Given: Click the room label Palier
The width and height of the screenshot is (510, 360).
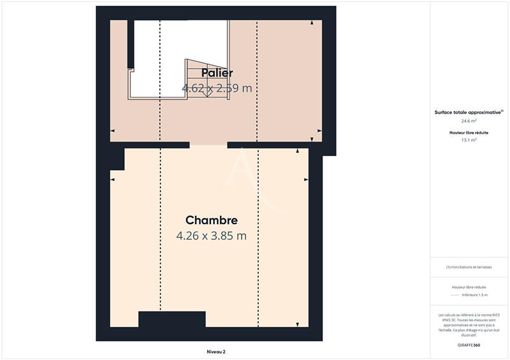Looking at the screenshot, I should tap(217, 73).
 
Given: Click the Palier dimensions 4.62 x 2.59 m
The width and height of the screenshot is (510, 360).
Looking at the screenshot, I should tap(217, 89).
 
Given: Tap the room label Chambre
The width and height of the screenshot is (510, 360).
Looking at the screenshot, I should tap(212, 220).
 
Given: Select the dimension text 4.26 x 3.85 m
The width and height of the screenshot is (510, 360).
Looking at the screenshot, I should tap(212, 236).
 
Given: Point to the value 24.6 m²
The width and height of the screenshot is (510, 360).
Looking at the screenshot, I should tap(469, 120).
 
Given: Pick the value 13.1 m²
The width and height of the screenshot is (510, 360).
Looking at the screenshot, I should tap(469, 140).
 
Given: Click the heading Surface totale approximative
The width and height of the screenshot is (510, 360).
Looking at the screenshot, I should tap(468, 112).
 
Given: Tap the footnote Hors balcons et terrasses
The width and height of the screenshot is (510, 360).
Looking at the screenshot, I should tap(469, 267).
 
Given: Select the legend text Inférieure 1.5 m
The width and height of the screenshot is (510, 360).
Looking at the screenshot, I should tap(475, 295).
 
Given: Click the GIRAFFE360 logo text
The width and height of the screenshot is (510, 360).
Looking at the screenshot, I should tap(469, 345).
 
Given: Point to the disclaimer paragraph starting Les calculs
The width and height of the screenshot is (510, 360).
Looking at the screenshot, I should tap(469, 322).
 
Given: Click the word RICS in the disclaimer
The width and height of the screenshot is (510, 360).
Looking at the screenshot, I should tap(495, 315).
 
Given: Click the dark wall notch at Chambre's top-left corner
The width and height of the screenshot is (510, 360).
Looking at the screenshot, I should tap(117, 159).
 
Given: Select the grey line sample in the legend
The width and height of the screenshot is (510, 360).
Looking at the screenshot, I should tap(455, 295).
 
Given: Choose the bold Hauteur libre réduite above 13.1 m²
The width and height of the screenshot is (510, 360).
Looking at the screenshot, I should tap(469, 132).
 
